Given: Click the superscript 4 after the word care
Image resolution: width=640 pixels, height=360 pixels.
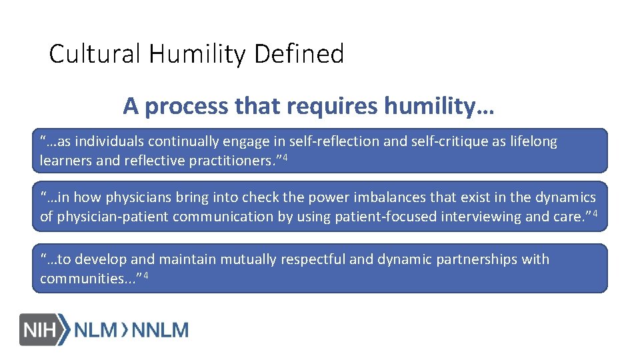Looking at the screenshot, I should click(595, 213).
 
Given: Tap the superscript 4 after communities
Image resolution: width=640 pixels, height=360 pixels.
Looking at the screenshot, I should click(145, 275).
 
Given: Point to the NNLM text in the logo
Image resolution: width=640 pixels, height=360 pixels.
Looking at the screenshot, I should click(161, 329).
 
